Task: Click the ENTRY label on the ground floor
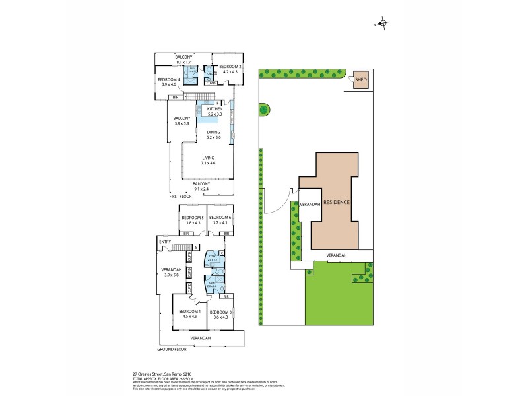tap(164, 242)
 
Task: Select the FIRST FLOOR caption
tap(181, 197)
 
